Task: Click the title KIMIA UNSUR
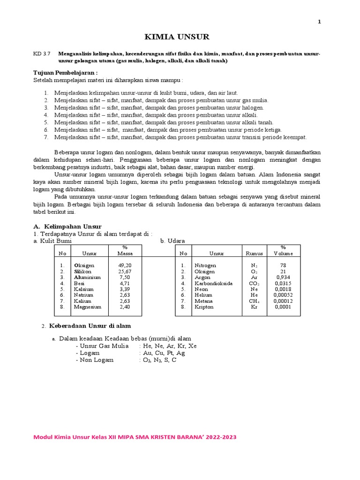pos(176,37)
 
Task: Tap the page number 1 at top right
pos(320,22)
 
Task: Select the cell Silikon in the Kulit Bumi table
pos(82,271)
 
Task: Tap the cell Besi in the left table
pos(79,283)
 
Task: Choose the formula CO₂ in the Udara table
pos(255,283)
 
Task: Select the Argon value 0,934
pos(283,277)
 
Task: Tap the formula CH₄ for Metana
pos(255,301)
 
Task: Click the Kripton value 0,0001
pos(283,307)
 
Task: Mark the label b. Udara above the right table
pos(172,241)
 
